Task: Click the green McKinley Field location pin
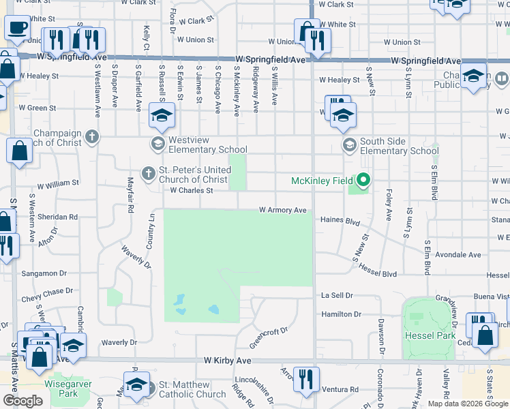[363, 181]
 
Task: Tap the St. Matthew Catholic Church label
[192, 389]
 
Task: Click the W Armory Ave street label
[282, 211]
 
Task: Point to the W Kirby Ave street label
[228, 360]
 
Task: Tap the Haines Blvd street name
[340, 221]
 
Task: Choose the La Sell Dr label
[337, 296]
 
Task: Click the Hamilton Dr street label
[341, 314]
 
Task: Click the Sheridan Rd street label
[59, 217]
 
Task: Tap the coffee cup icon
[17, 28]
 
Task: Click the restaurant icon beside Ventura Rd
[306, 378]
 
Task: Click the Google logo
[22, 401]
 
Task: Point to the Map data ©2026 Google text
[468, 404]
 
